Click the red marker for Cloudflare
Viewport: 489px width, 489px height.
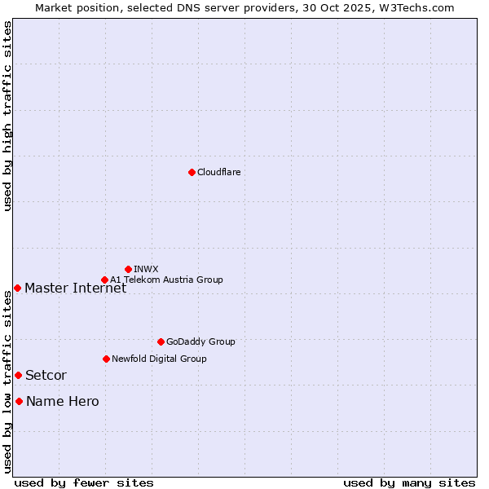point(192,172)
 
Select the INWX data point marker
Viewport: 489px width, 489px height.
point(128,269)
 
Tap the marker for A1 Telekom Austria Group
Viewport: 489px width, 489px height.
point(104,280)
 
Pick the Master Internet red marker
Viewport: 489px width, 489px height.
point(17,288)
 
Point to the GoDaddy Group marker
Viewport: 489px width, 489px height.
point(161,341)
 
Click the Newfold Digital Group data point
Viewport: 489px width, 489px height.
point(106,359)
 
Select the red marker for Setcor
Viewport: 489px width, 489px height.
point(18,375)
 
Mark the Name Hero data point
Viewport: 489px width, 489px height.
point(19,401)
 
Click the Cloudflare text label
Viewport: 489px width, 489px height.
point(218,172)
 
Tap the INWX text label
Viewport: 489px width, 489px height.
point(146,269)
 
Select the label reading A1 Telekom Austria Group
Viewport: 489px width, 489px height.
point(166,280)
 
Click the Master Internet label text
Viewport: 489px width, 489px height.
point(75,288)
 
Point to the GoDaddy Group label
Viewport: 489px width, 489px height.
point(200,341)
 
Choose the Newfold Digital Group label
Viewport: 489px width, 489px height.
point(159,359)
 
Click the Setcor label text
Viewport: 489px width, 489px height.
point(46,375)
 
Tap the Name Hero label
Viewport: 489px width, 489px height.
point(62,401)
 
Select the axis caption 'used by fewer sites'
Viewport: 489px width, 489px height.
point(84,482)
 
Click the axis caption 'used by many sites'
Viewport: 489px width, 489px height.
point(409,482)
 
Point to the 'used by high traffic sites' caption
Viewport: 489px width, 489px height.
point(7,116)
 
